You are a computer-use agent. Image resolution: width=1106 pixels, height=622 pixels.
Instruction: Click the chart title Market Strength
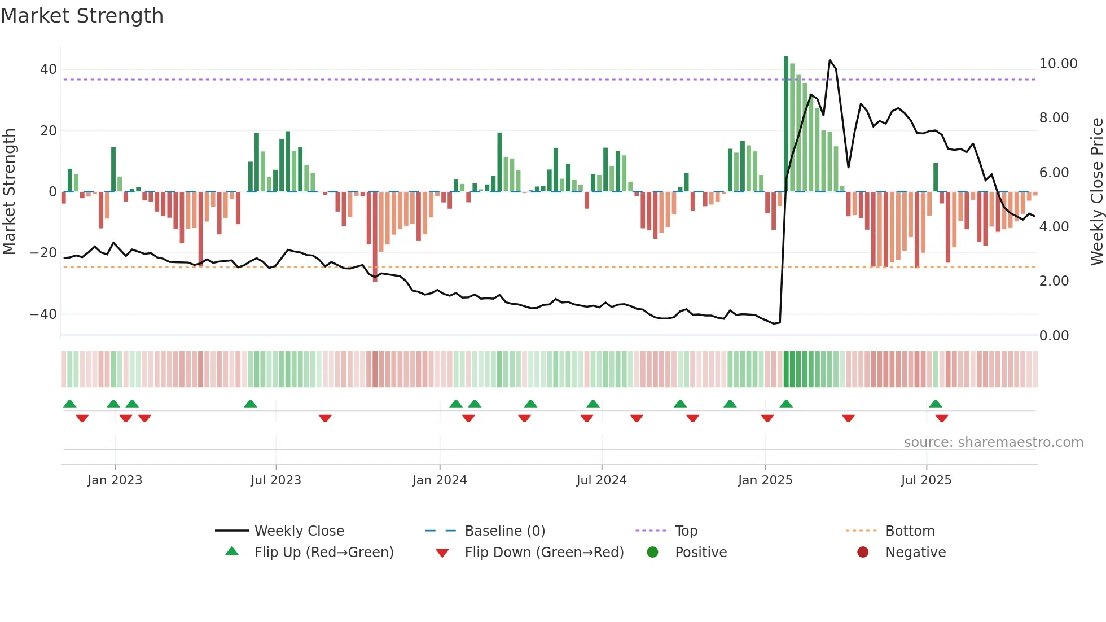(82, 16)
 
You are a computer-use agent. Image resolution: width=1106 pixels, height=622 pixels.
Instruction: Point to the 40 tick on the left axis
(48, 69)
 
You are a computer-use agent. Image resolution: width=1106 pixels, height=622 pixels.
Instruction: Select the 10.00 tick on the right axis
(1058, 64)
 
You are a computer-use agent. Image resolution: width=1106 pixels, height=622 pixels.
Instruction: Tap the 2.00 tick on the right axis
(1054, 281)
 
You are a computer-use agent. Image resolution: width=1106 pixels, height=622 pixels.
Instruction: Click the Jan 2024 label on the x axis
(439, 480)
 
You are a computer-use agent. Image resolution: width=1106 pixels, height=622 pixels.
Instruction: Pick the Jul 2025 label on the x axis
(926, 480)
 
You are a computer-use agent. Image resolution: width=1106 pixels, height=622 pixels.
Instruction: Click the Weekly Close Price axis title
(1096, 191)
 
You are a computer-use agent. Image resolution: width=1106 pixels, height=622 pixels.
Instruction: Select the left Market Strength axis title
(9, 191)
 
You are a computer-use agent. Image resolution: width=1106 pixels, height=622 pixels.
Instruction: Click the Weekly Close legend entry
(299, 531)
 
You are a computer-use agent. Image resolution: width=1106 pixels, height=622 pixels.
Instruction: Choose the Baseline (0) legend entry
(504, 531)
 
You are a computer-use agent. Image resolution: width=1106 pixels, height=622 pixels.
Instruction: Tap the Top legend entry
(686, 531)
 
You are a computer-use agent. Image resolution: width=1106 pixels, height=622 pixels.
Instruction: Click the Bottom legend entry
(910, 531)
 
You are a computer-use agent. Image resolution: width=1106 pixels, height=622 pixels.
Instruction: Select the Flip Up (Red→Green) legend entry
(323, 553)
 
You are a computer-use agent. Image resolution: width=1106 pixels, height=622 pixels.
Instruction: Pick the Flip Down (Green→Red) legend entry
(543, 553)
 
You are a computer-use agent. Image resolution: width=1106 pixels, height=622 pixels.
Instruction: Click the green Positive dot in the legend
(652, 553)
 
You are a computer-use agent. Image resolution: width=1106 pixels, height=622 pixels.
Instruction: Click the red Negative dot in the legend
(863, 553)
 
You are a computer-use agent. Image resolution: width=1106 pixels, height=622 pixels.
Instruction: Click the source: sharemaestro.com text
(993, 443)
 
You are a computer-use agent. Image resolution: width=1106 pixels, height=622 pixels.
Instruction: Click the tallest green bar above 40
(786, 124)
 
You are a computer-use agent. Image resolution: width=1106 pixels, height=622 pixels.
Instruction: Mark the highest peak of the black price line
(829, 60)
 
